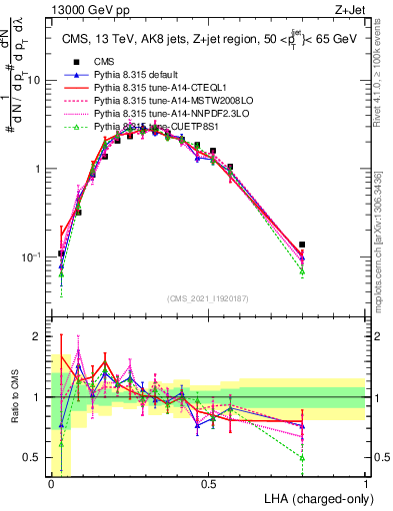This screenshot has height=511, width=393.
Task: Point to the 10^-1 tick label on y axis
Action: coord(32,256)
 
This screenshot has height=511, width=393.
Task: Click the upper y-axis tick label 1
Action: coord(39,169)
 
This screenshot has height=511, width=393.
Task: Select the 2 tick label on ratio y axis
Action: coord(39,336)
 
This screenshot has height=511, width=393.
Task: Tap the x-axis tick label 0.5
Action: coord(209,484)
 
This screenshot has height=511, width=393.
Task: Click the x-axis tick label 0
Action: coord(51,484)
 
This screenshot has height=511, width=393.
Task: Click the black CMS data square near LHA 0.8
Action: coord(302,245)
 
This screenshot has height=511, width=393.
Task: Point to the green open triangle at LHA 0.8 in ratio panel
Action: coord(302,458)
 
